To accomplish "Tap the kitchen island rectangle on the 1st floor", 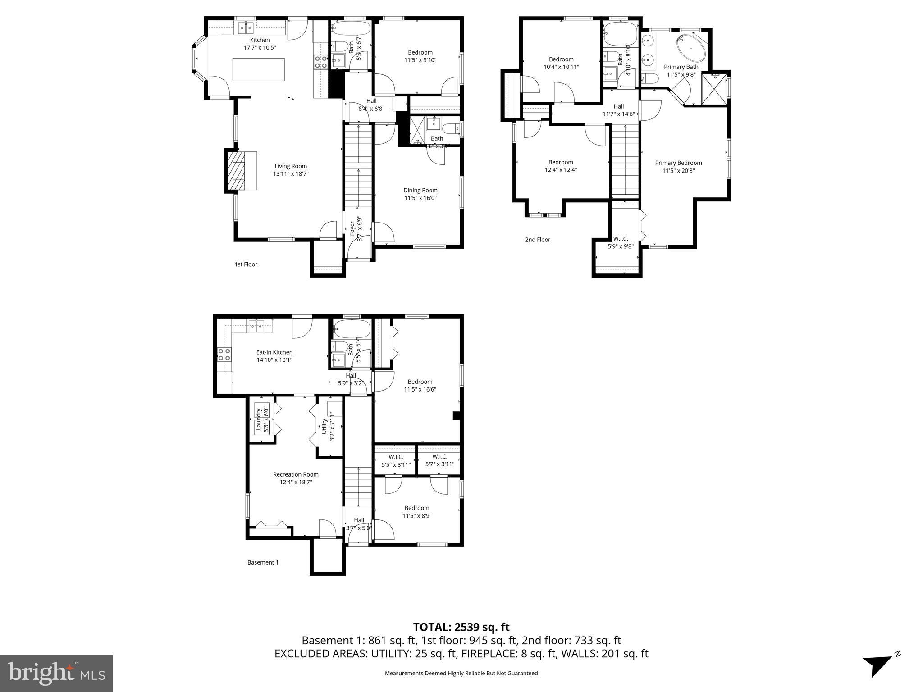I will click(x=258, y=69).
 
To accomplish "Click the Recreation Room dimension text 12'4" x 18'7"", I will click(x=296, y=482).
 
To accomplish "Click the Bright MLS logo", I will click(x=56, y=674).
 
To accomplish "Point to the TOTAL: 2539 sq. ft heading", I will click(x=461, y=627).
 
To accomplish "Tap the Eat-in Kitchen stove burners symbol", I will click(x=224, y=355).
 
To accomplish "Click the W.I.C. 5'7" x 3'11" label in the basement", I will click(x=439, y=460).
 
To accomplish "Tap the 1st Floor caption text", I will click(x=246, y=264).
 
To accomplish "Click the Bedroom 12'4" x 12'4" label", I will click(x=561, y=166).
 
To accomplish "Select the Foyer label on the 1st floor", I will click(x=352, y=228).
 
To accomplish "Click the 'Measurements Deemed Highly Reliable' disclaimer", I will click(x=461, y=673).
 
